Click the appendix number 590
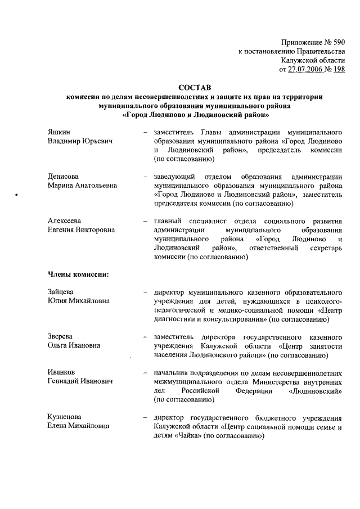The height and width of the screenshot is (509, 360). tap(336, 42)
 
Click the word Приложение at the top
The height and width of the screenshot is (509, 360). tap(298, 42)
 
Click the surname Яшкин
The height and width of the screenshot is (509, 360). tap(59, 131)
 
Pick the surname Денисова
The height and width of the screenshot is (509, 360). tap(63, 177)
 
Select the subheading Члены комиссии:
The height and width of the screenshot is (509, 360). tap(77, 274)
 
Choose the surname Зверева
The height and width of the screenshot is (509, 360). tap(61, 336)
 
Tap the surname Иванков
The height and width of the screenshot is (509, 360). tap(61, 372)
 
